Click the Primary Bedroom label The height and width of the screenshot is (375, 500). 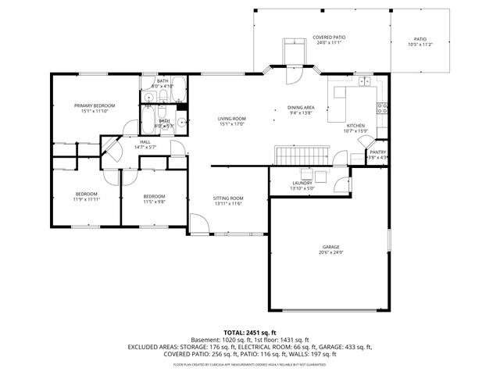[95, 105]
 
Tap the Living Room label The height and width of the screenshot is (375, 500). [231, 118]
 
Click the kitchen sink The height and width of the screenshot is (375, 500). [366, 80]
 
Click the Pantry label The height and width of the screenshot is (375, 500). [377, 152]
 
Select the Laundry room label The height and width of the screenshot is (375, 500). [302, 183]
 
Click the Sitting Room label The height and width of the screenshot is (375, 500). [228, 198]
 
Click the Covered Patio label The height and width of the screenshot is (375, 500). [329, 37]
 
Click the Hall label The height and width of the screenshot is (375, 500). [145, 141]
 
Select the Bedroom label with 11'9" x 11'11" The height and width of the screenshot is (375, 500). [86, 194]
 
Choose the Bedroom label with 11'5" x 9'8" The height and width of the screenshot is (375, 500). [154, 196]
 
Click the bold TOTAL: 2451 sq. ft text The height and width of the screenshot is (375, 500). [250, 332]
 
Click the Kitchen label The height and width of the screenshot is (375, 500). [355, 125]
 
